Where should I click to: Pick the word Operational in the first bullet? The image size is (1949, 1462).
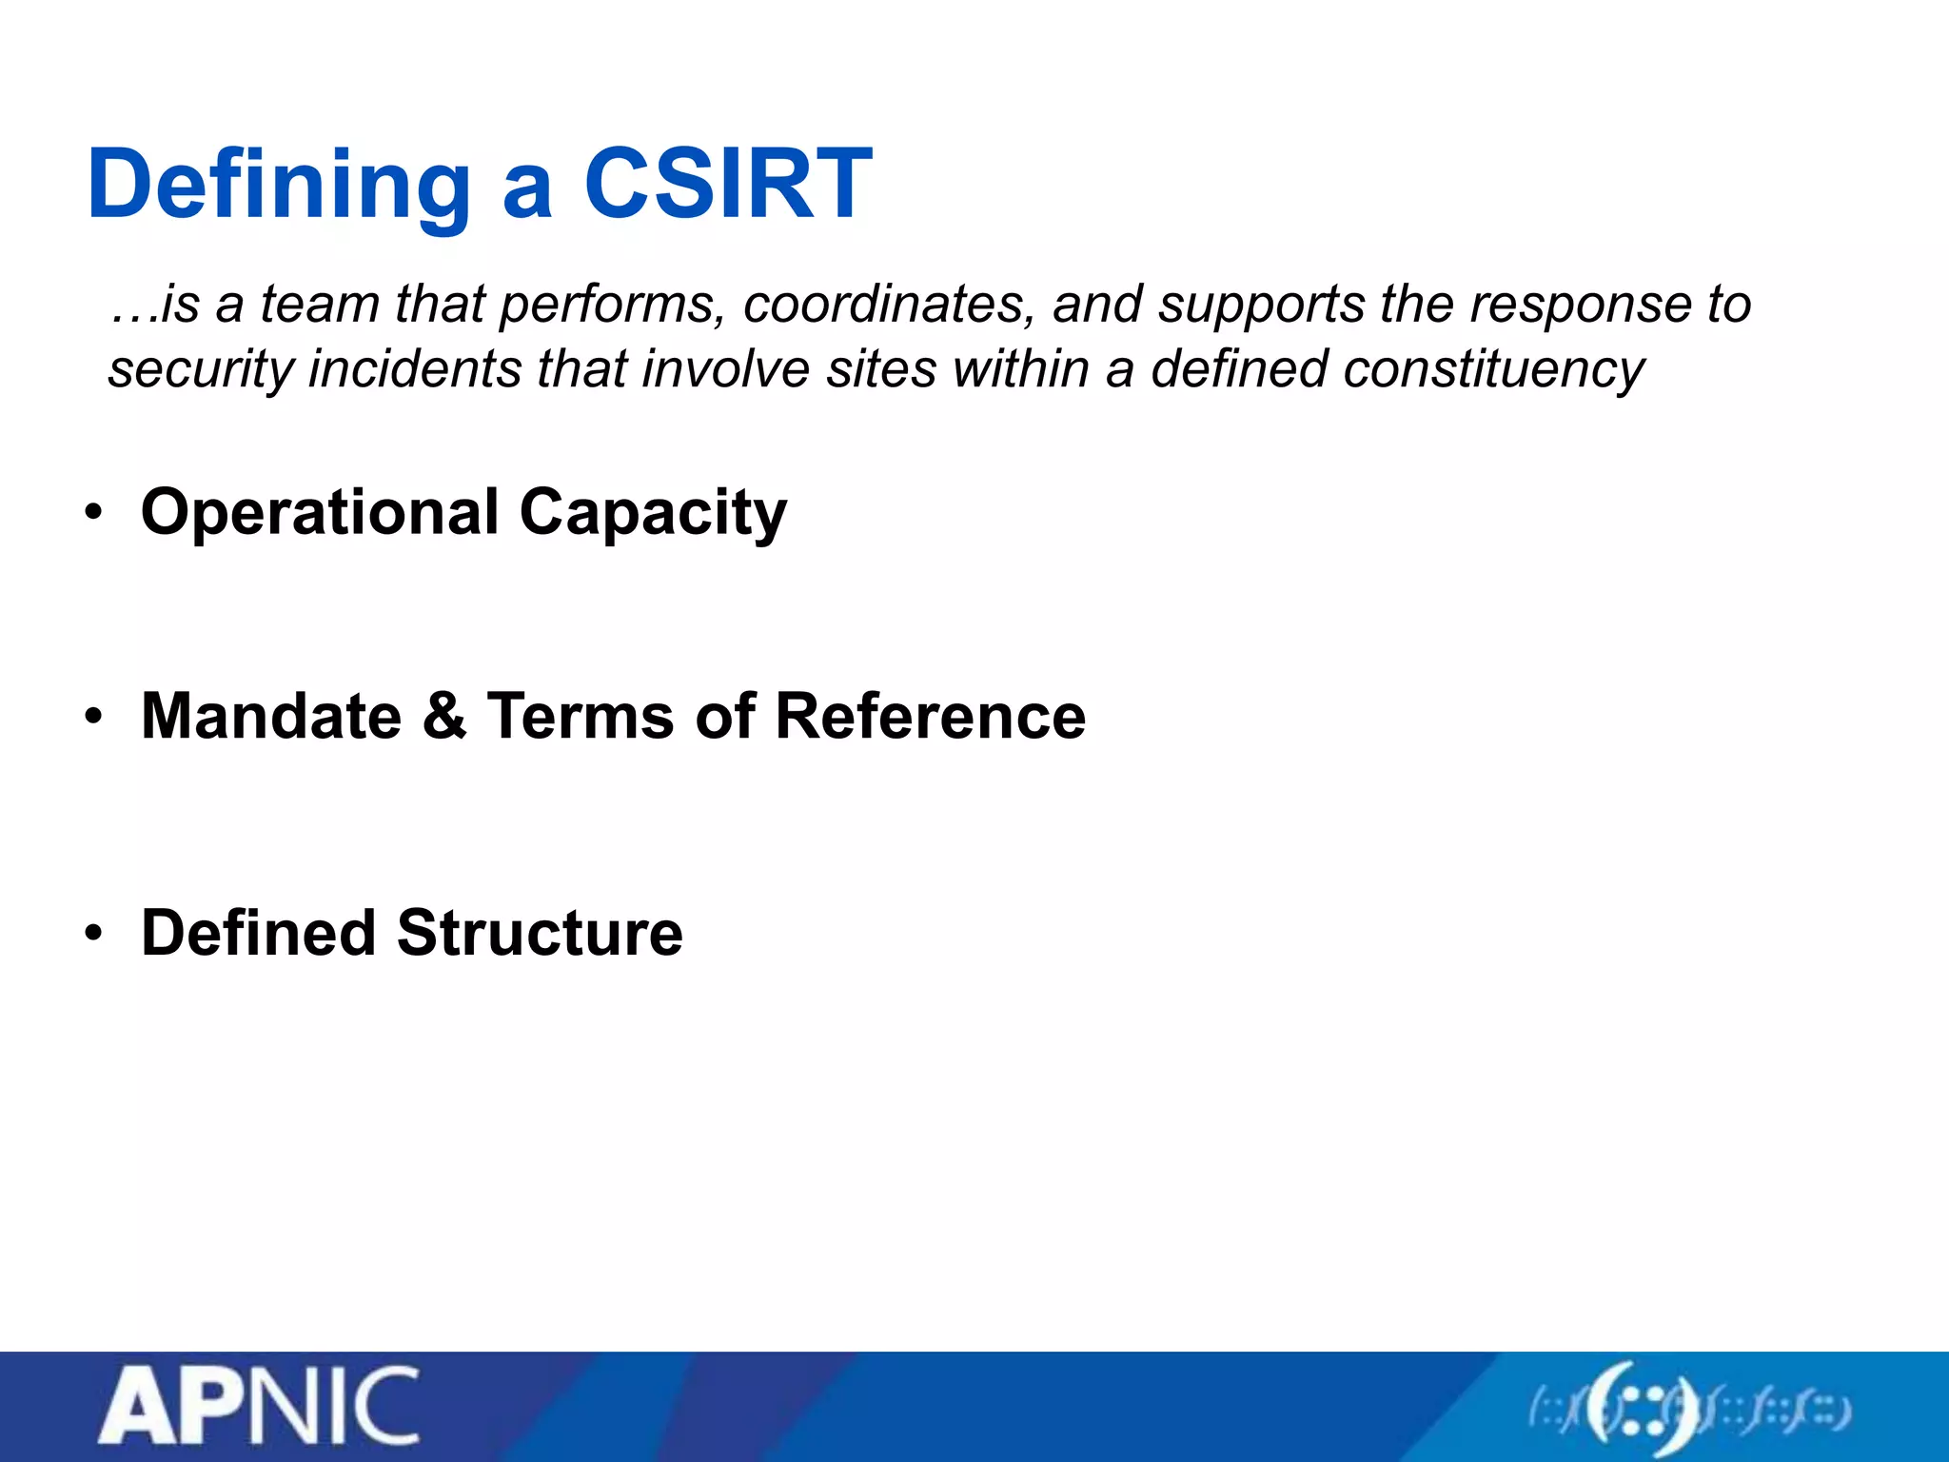click(x=320, y=513)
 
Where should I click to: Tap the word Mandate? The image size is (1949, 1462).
click(x=271, y=716)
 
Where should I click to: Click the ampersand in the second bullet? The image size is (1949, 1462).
click(x=444, y=716)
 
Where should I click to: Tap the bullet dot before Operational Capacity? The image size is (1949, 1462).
click(x=92, y=513)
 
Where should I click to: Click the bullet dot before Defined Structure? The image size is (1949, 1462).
click(x=92, y=933)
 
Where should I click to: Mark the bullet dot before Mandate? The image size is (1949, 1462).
click(x=92, y=717)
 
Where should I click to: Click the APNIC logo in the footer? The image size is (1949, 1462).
click(x=259, y=1406)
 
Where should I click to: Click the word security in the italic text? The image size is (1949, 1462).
click(x=200, y=369)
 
